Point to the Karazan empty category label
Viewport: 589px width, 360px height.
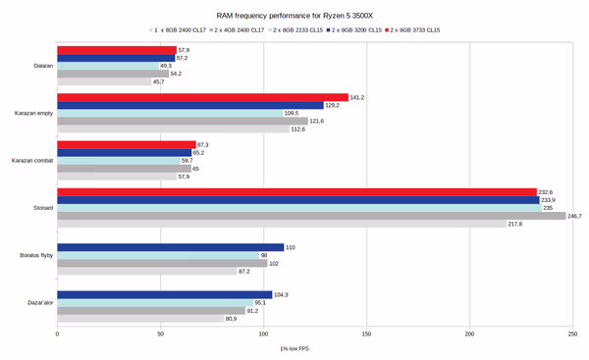[36, 113]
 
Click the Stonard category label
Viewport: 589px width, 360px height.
[42, 207]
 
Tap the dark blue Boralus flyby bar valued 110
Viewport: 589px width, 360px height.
[171, 247]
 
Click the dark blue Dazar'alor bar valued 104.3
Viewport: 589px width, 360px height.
[165, 294]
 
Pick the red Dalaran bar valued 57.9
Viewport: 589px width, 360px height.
[117, 50]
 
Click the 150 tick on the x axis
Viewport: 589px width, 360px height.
[366, 334]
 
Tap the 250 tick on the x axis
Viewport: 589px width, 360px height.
[572, 334]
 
